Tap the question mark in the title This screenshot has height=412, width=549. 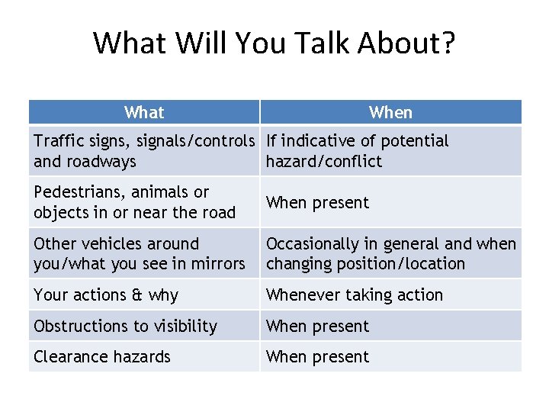(x=447, y=43)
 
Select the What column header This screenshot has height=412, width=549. (x=144, y=113)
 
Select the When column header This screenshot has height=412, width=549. (x=390, y=113)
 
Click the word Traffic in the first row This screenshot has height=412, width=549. (x=59, y=141)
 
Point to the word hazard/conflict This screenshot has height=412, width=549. (x=324, y=162)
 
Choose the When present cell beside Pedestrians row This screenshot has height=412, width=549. (x=317, y=203)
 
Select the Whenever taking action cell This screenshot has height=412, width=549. (x=354, y=295)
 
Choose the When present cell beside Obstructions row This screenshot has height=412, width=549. (x=317, y=327)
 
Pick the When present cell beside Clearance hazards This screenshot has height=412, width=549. (x=317, y=357)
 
